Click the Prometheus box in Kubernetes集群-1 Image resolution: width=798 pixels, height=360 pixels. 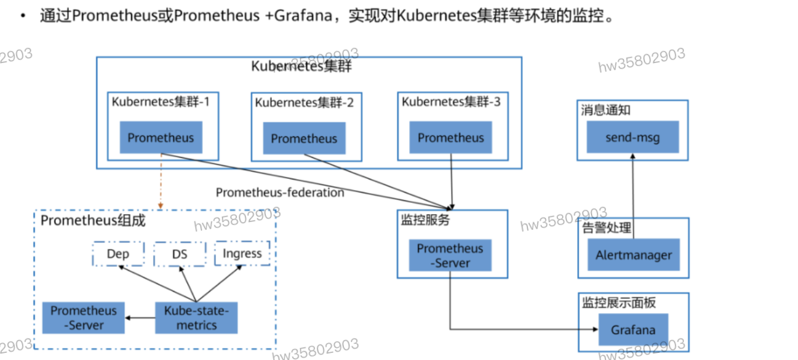(161, 137)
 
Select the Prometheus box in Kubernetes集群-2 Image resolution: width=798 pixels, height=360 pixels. (304, 139)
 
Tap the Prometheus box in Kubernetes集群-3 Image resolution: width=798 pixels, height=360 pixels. (451, 137)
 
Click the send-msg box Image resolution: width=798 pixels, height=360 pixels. (632, 137)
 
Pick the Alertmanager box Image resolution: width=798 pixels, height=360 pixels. (634, 255)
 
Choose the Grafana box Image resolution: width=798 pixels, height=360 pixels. (633, 329)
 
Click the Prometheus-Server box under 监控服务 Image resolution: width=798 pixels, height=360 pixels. (450, 256)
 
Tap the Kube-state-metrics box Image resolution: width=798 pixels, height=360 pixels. (197, 318)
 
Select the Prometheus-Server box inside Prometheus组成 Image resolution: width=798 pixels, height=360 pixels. (83, 318)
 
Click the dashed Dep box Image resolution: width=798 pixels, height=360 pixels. (118, 254)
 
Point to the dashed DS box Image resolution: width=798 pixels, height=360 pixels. (180, 254)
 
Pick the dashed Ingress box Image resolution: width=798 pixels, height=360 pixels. (242, 254)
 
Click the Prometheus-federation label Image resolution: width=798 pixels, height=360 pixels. (280, 193)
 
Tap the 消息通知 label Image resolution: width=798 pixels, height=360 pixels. (605, 110)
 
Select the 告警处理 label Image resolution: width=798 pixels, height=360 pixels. (607, 228)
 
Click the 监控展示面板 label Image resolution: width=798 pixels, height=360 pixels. (618, 302)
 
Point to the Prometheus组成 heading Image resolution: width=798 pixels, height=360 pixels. (93, 221)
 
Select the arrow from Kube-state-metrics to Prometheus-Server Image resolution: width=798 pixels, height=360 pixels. (140, 318)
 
